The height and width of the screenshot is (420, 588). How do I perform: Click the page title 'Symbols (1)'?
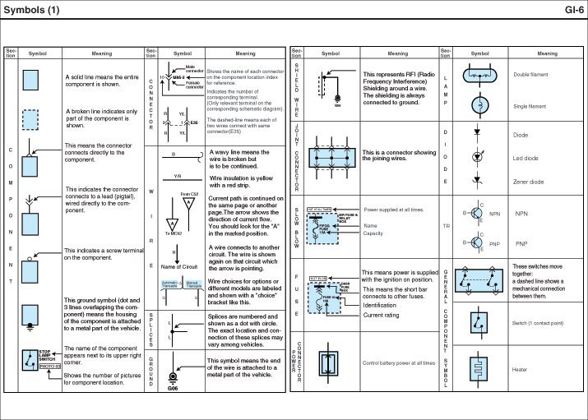(32, 10)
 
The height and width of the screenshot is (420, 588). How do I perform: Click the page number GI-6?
(572, 10)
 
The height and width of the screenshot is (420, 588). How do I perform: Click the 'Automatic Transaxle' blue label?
(169, 284)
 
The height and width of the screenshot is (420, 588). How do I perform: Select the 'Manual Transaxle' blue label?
(195, 284)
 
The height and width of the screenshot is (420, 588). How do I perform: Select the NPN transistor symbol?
(475, 214)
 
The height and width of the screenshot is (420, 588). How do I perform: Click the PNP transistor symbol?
(475, 244)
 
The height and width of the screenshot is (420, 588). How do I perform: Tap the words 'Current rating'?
(381, 315)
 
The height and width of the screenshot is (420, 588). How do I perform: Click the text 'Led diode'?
(525, 158)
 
